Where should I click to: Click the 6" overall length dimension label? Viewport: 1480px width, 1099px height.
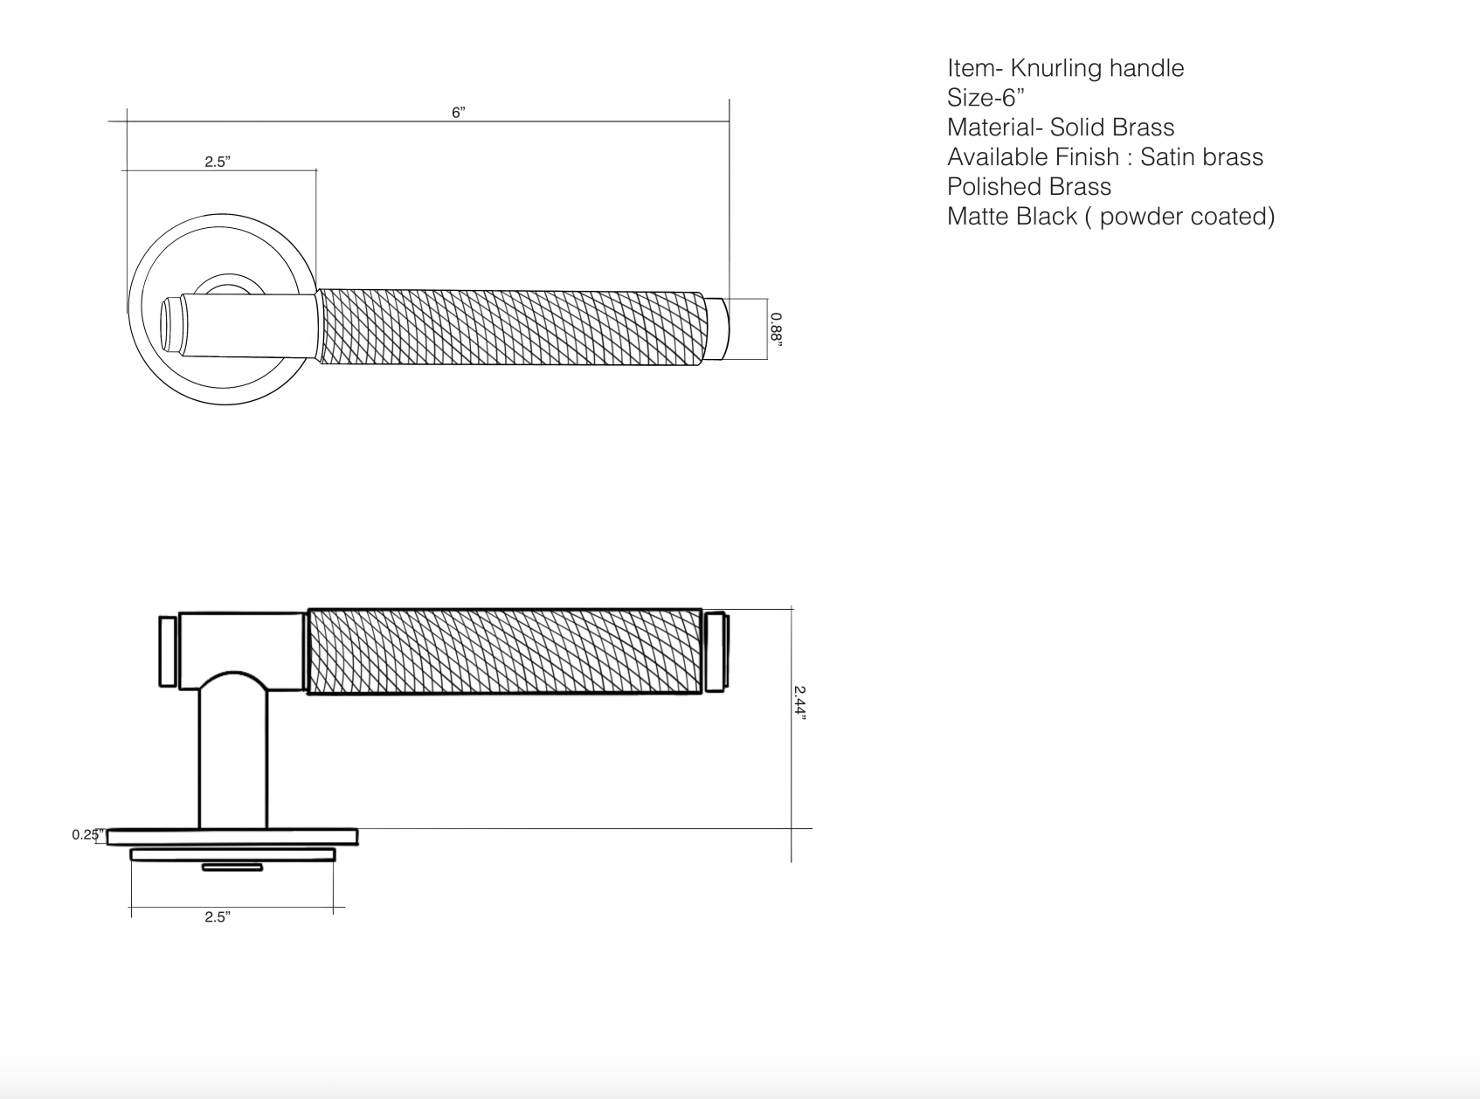tap(459, 113)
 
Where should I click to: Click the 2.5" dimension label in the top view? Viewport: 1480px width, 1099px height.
tap(217, 162)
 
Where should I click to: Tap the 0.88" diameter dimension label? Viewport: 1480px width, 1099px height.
tap(776, 329)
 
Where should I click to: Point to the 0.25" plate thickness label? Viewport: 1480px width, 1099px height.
tap(86, 835)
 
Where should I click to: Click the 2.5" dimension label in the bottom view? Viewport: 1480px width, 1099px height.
tap(217, 916)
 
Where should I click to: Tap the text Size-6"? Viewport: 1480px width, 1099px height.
tap(986, 98)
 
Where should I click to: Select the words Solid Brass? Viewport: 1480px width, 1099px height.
tap(1111, 128)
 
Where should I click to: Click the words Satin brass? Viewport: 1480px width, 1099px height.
tap(1201, 157)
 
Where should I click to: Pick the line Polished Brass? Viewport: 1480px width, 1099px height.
tap(1028, 187)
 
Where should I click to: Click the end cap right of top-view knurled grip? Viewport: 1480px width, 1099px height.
tap(716, 329)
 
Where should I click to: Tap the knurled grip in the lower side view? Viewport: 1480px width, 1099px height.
tap(504, 652)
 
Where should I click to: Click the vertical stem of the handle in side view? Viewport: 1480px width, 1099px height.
tap(233, 760)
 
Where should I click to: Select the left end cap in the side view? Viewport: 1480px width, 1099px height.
tap(168, 652)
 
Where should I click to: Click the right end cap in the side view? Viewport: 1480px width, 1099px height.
tap(716, 652)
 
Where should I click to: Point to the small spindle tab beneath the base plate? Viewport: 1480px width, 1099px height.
tap(232, 867)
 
